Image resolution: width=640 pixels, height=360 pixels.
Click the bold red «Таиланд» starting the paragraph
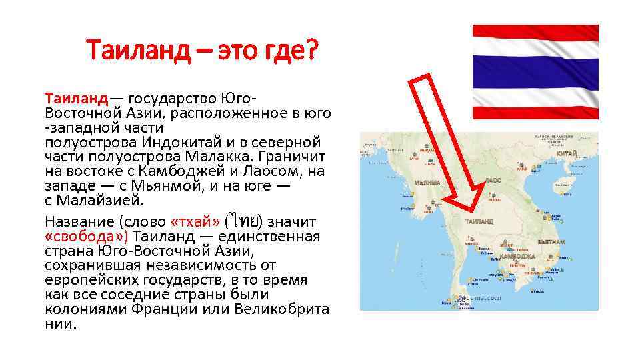(75, 99)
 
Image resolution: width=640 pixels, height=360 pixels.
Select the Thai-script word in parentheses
(246, 221)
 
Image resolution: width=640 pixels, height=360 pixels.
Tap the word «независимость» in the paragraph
(198, 266)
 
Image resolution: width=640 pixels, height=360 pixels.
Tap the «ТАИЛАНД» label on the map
(479, 221)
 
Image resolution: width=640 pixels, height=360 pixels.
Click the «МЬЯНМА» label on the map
(427, 182)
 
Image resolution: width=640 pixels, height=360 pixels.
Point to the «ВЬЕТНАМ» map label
(553, 242)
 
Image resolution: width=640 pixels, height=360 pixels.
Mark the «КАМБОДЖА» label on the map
(517, 256)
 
